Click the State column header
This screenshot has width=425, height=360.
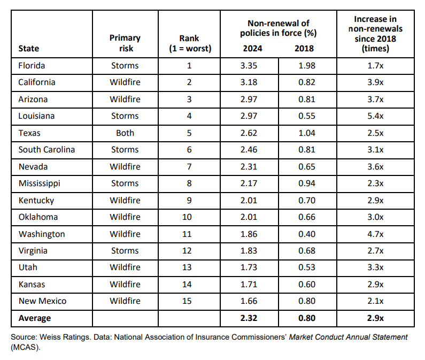click(x=29, y=49)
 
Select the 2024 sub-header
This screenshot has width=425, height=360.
click(x=253, y=49)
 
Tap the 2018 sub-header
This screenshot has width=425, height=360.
click(x=304, y=49)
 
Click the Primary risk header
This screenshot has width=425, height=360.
click(x=125, y=43)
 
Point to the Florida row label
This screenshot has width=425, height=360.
click(x=32, y=66)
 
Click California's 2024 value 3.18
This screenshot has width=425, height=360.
click(x=249, y=82)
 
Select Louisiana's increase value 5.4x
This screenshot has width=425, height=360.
click(x=375, y=116)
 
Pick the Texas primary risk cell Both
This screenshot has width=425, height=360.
click(x=125, y=133)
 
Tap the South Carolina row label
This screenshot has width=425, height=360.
click(x=47, y=150)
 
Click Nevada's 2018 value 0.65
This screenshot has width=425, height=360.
click(x=307, y=166)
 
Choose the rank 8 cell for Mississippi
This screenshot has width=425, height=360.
click(x=189, y=183)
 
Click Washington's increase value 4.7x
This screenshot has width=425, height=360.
click(x=375, y=234)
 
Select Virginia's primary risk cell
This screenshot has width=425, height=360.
click(x=125, y=251)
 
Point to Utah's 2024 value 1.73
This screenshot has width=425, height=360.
click(x=249, y=267)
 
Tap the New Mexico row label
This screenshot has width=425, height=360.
click(x=43, y=301)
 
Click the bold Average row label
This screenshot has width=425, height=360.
click(x=35, y=318)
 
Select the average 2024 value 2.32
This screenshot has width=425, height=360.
click(x=249, y=318)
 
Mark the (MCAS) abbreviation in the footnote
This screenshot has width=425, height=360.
click(x=26, y=347)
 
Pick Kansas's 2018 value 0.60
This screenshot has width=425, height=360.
click(x=307, y=285)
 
